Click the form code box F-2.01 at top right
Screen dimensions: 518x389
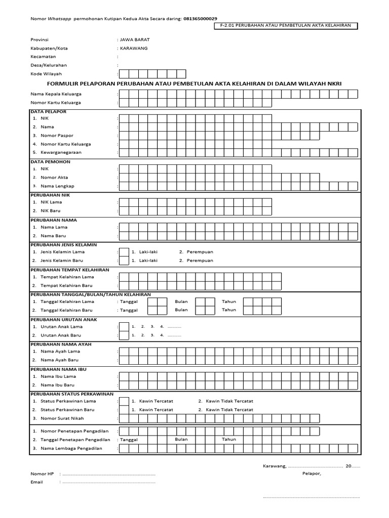coord(286,26)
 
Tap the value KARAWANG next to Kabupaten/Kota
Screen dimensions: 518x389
coord(134,48)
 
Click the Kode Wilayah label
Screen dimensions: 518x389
coord(46,73)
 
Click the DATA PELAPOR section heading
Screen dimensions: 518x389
coord(49,111)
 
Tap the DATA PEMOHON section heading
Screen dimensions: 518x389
coord(50,161)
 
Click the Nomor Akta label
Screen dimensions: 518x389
coord(55,178)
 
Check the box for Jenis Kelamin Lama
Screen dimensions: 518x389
coord(123,252)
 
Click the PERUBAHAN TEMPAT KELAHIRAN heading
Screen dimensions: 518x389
coord(69,270)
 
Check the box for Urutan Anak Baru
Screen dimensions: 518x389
coord(123,335)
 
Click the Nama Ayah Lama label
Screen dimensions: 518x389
coord(60,351)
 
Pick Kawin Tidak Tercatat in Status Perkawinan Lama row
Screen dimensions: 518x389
coord(225,401)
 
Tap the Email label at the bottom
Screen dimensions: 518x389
coord(36,482)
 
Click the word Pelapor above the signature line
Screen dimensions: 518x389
coord(311,473)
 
